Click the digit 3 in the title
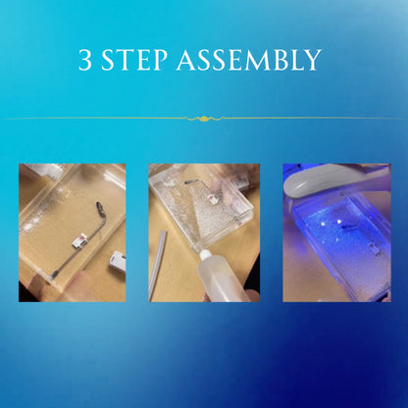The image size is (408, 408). coord(85,60)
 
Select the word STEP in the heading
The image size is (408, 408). coord(134,60)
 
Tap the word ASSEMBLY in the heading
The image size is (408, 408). coord(248,60)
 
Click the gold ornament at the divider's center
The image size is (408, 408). coord(204,118)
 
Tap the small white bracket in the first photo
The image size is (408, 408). coord(79,241)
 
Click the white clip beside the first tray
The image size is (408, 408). coord(118,262)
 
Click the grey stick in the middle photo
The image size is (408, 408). coord(158,266)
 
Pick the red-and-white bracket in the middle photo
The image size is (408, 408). coord(214,198)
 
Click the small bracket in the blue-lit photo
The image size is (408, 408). coord(374,248)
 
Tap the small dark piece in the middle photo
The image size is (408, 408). coord(190,180)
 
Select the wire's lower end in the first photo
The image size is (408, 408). coord(54,274)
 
